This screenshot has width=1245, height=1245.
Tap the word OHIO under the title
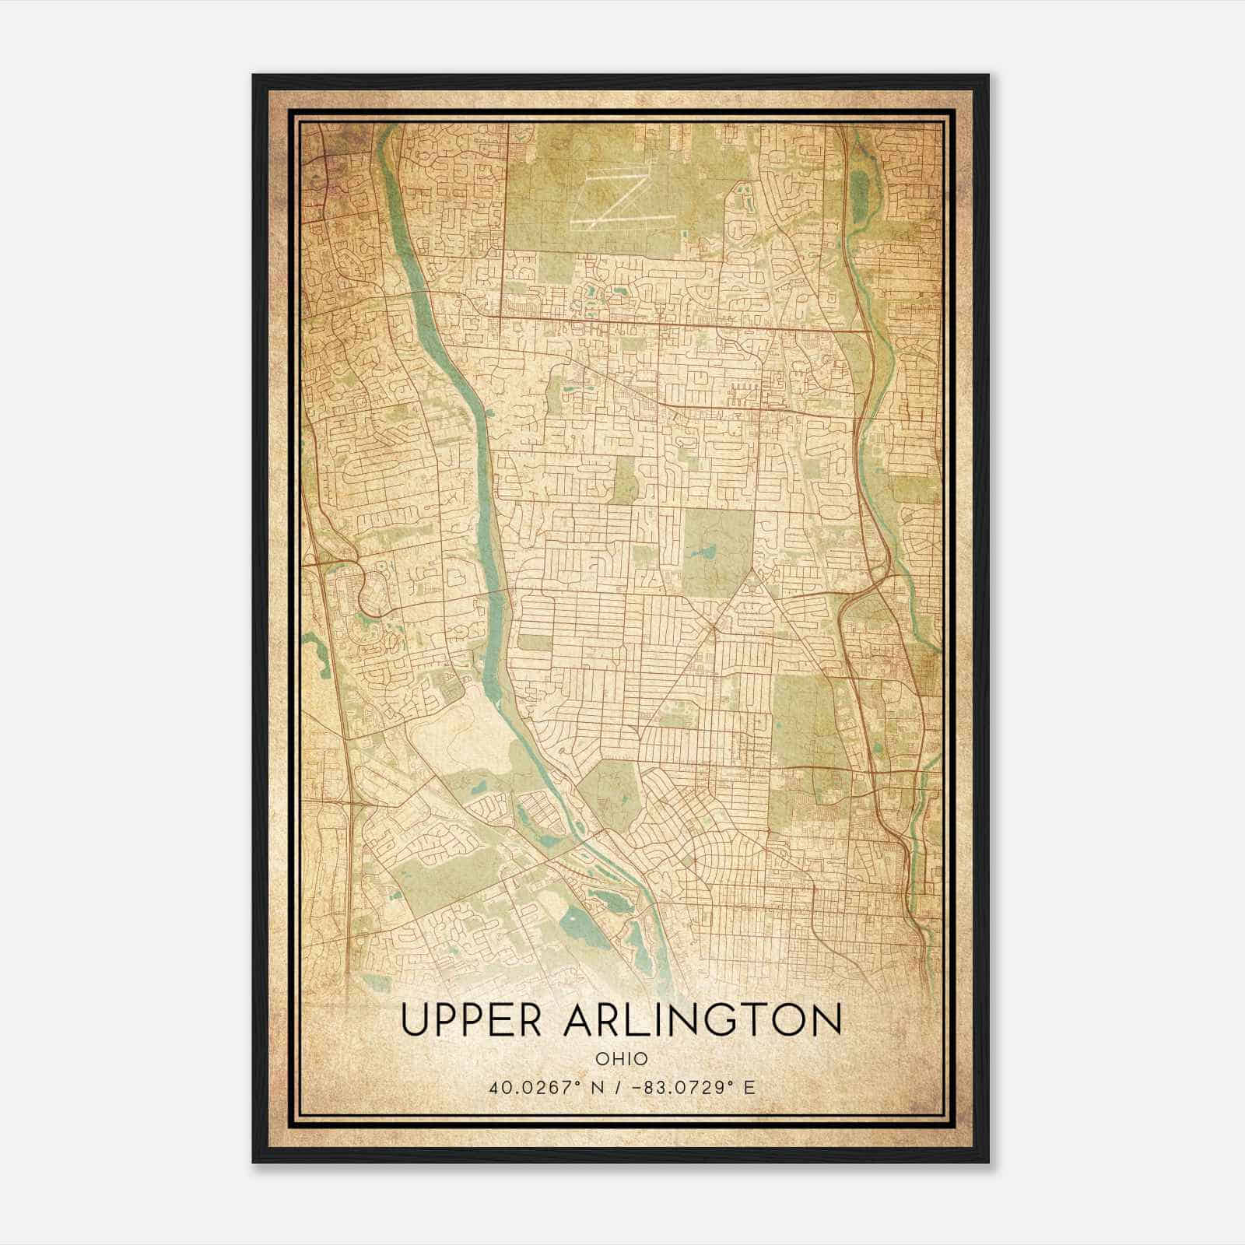pos(622,1058)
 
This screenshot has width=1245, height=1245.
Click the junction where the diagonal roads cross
pos(714,625)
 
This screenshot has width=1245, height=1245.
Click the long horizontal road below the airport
pos(661,321)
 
